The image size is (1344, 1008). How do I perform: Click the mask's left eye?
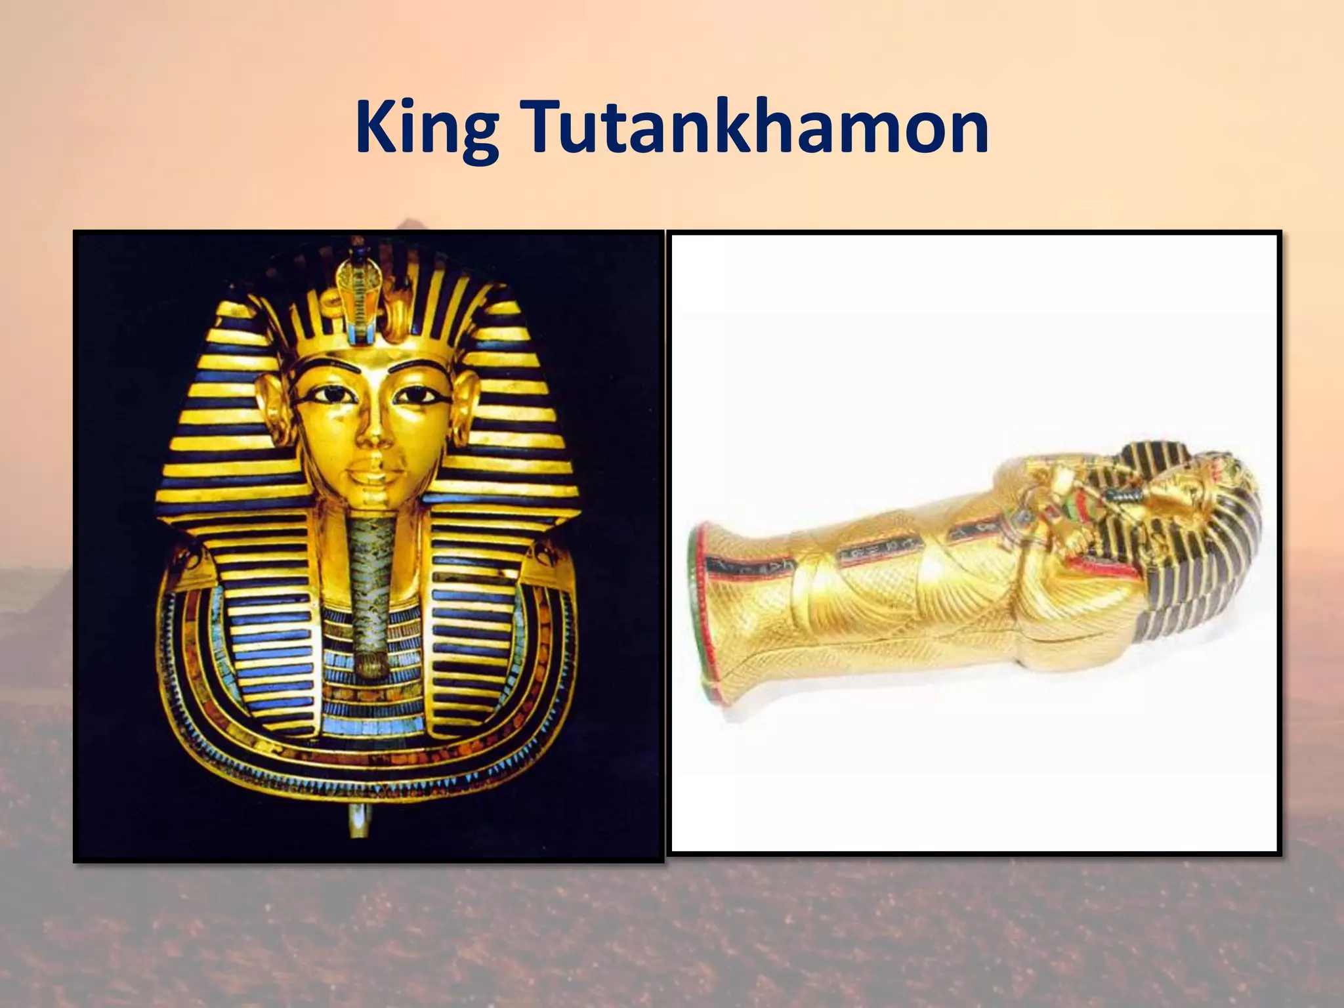coord(326,396)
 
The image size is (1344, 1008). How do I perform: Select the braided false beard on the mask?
coord(371,577)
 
